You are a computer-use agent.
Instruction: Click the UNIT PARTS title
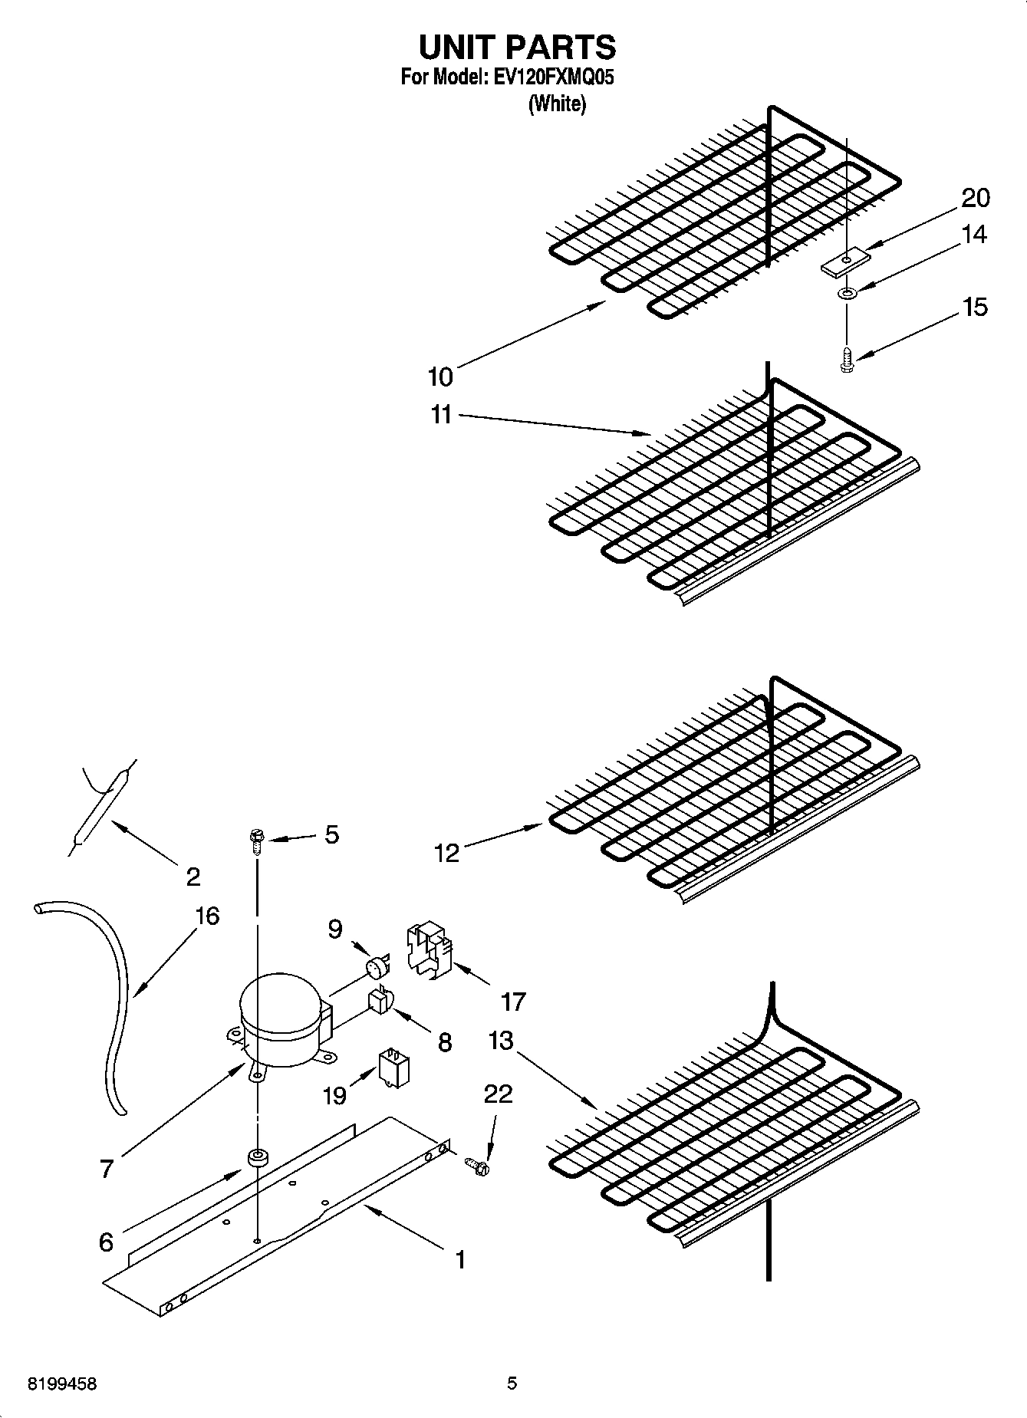[x=516, y=48]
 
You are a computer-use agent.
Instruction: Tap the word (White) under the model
[x=557, y=104]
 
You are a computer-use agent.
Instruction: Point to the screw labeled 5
[x=256, y=841]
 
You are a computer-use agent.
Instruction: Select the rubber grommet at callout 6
[x=255, y=1158]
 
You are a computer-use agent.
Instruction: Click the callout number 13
[x=501, y=1041]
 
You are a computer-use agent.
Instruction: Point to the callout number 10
[x=440, y=377]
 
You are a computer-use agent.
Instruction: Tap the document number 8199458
[x=62, y=1384]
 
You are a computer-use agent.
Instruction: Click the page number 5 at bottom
[x=512, y=1383]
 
